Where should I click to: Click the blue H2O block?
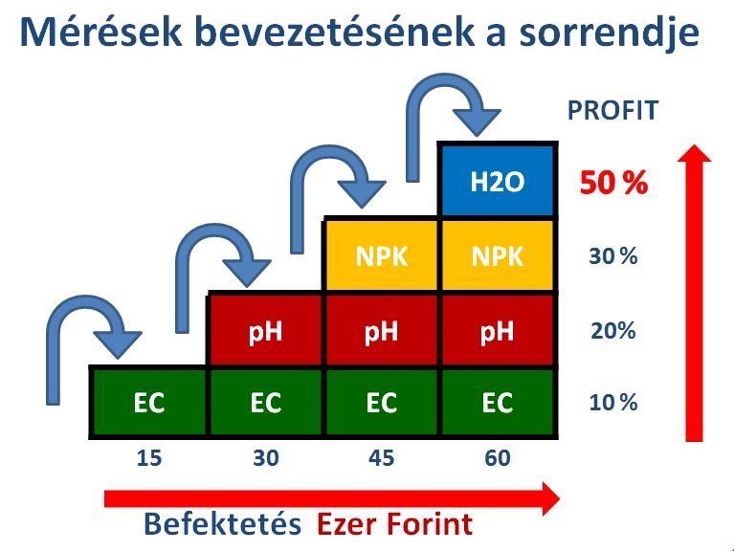coord(497,181)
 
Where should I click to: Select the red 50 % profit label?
coord(613,182)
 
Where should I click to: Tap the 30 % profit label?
coord(613,256)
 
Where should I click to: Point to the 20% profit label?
coord(613,331)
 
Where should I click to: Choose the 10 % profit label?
coord(613,403)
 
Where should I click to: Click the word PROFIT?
coord(612,110)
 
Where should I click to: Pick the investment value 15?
coord(149,458)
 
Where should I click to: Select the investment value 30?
coord(266,458)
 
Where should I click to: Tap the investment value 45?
coord(382,458)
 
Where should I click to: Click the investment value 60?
coord(498,458)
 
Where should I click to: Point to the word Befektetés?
coord(222,523)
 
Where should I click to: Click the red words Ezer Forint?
coord(394,523)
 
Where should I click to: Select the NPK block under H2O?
coord(497,255)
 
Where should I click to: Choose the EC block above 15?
coord(149,403)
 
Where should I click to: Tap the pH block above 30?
coord(265,331)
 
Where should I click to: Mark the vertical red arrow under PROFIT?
coord(695,293)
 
